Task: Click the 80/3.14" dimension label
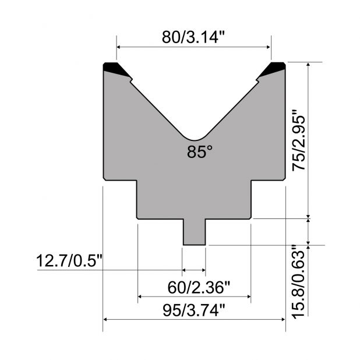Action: point(193,37)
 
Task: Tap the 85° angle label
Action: point(200,152)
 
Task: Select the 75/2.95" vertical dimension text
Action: point(299,140)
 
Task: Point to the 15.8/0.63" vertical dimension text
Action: point(299,282)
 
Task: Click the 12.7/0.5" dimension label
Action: point(69,261)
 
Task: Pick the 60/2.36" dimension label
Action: point(199,288)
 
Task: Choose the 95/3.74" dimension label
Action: point(194,310)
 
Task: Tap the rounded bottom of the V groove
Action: point(195,139)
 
